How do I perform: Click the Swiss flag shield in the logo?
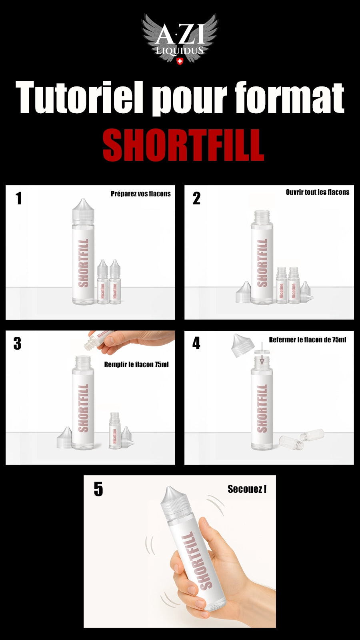180,61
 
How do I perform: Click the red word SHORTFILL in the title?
183,145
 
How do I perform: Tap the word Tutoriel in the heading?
79,98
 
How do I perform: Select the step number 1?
18,198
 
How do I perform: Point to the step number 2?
196,198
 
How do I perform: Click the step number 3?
17,344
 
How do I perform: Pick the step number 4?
196,343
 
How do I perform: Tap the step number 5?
98,489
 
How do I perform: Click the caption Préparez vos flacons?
140,194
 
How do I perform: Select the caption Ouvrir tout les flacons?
317,192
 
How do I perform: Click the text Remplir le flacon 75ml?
136,364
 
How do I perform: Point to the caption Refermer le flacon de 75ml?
307,340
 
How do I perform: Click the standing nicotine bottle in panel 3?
115,431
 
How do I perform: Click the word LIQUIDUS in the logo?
180,51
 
